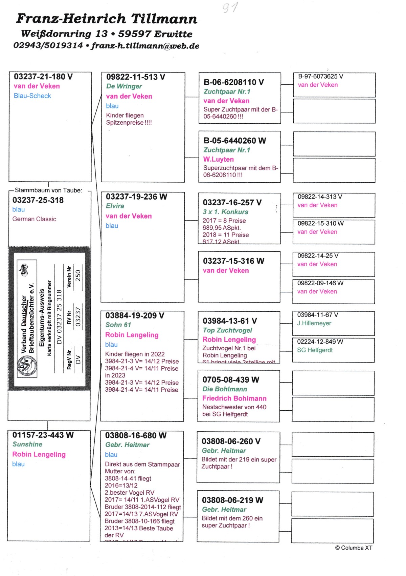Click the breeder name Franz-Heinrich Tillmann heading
tap(107, 19)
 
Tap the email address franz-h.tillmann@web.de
tap(145, 46)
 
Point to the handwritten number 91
tap(230, 7)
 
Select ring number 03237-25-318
tap(38, 200)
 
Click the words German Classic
tap(34, 219)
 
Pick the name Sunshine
tap(27, 444)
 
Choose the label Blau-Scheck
tap(32, 96)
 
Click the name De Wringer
tap(124, 86)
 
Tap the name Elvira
tap(115, 206)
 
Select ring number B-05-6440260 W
tap(234, 141)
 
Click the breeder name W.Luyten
tap(218, 159)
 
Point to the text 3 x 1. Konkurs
tap(225, 212)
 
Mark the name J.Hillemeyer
tap(314, 323)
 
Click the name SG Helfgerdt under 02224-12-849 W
tap(315, 350)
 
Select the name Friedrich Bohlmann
tap(234, 398)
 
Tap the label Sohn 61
tap(118, 325)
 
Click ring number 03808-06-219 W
tap(232, 500)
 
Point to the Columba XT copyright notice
tap(354, 548)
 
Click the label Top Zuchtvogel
tap(227, 330)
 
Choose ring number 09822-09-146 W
tap(320, 283)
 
